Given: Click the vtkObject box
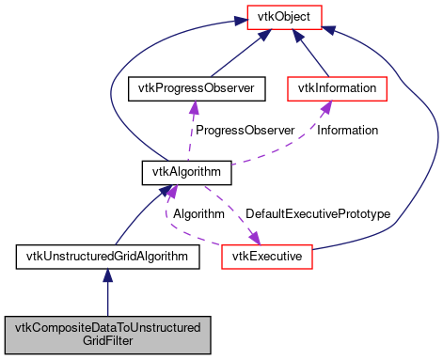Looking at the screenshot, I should tap(284, 16).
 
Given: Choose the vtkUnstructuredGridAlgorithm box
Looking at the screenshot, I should tap(107, 255).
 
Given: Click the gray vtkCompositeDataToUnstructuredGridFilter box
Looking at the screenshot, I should tap(107, 333).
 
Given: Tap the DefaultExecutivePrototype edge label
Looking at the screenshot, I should tap(317, 213).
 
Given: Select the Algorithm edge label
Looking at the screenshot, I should tap(197, 213).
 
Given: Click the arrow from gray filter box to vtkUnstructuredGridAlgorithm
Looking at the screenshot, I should tap(107, 291).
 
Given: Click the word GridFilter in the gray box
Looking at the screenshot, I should tap(107, 340).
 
